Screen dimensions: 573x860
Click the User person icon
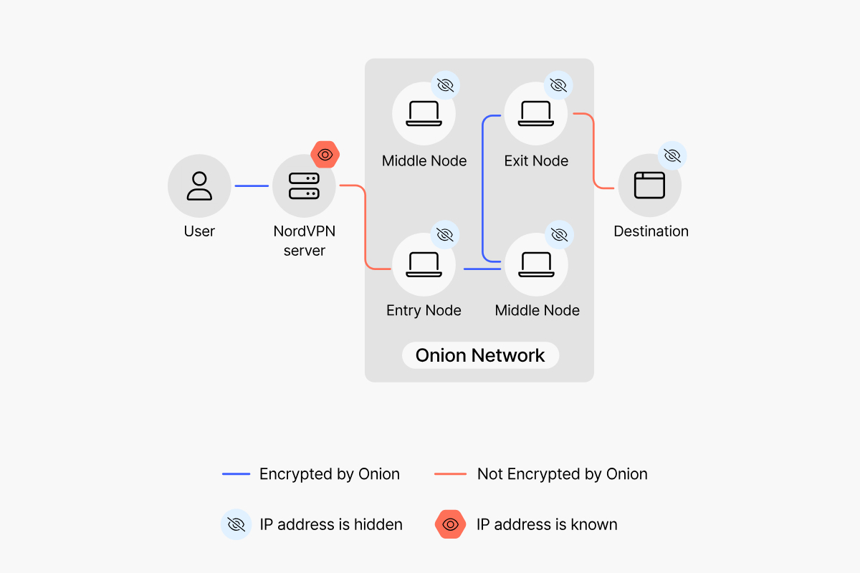(x=199, y=186)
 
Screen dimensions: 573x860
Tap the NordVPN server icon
(x=304, y=186)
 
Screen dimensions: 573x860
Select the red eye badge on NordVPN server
(x=325, y=155)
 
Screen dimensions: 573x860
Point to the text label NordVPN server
(x=305, y=241)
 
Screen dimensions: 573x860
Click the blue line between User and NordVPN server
(x=252, y=186)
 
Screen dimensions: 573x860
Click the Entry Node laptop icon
(x=424, y=264)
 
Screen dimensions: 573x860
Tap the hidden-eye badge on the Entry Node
(x=445, y=234)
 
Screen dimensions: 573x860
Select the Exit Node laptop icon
(x=536, y=113)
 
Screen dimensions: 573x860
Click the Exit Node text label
(x=536, y=161)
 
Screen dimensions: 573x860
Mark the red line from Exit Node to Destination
(x=594, y=150)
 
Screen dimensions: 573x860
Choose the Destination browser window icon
(x=649, y=186)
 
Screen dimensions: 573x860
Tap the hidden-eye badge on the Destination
(x=672, y=155)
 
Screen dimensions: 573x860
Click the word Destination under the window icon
(x=651, y=231)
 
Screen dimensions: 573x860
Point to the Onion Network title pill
(x=480, y=355)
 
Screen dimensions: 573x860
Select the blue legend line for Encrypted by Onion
(x=236, y=474)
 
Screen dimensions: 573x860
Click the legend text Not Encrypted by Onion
(x=562, y=474)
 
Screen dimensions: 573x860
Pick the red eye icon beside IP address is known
(x=450, y=524)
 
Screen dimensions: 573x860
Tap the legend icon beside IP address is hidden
(x=236, y=524)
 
